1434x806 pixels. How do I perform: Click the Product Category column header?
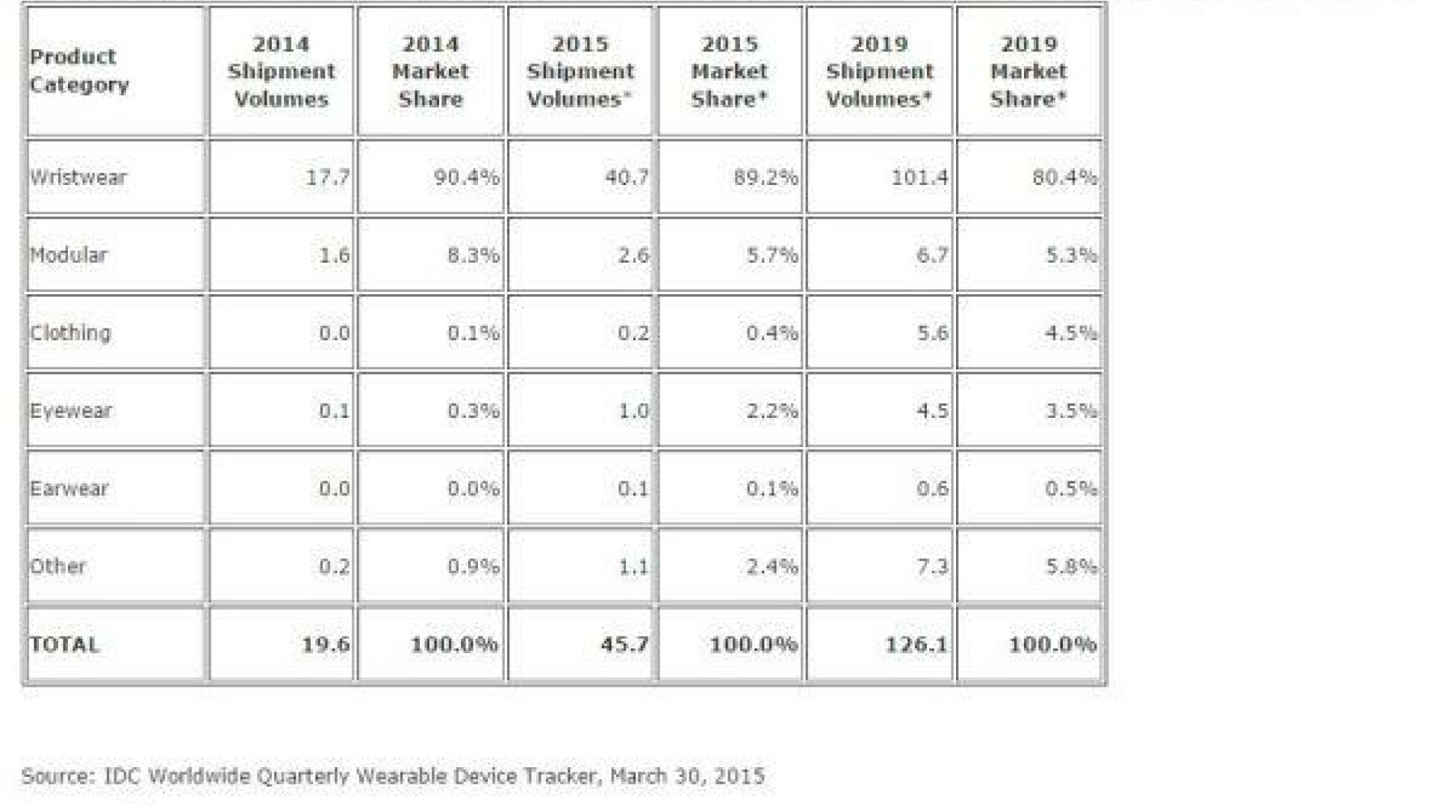pyautogui.click(x=79, y=71)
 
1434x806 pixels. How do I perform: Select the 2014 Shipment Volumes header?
pyautogui.click(x=282, y=72)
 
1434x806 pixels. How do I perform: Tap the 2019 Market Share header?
pyautogui.click(x=1028, y=72)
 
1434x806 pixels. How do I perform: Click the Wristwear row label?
pyautogui.click(x=78, y=178)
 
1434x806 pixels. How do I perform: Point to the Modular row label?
pyautogui.click(x=69, y=255)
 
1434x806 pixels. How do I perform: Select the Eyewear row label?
pyautogui.click(x=71, y=411)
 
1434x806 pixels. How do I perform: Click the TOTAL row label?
pyautogui.click(x=64, y=645)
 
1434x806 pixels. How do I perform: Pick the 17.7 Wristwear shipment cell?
pyautogui.click(x=328, y=178)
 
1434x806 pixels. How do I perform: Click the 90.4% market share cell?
pyautogui.click(x=467, y=178)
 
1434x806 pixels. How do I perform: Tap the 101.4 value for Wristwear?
pyautogui.click(x=919, y=178)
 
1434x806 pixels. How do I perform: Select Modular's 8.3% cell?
pyautogui.click(x=474, y=255)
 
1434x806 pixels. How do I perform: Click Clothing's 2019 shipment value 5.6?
pyautogui.click(x=933, y=333)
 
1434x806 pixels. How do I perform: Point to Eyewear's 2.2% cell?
pyautogui.click(x=772, y=411)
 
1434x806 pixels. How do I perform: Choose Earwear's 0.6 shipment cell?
pyautogui.click(x=933, y=489)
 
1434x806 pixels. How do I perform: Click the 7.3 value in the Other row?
pyautogui.click(x=933, y=566)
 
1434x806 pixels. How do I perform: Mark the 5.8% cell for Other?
pyautogui.click(x=1071, y=566)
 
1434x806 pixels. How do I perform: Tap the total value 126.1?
pyautogui.click(x=916, y=644)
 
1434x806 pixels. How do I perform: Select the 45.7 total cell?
pyautogui.click(x=625, y=644)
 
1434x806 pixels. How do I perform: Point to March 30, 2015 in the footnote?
pyautogui.click(x=687, y=776)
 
